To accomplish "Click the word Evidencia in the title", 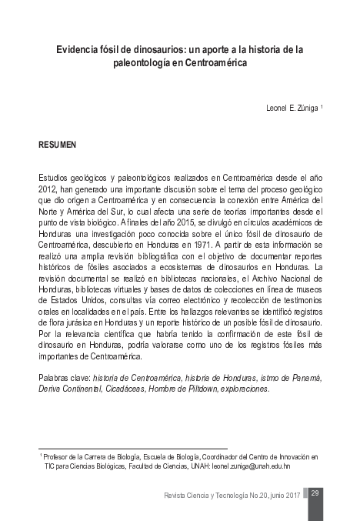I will point(76,50).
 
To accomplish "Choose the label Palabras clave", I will point(63,378).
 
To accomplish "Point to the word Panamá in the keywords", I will point(304,378).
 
